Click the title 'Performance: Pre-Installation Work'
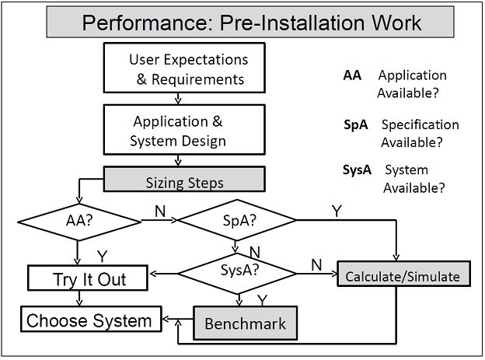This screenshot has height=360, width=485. click(251, 23)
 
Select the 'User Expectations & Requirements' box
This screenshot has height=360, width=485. click(184, 68)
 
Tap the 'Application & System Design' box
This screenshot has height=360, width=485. click(184, 130)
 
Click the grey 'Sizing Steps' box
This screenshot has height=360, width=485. click(184, 180)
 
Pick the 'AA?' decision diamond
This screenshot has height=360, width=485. click(79, 222)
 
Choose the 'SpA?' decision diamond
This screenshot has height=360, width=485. click(237, 220)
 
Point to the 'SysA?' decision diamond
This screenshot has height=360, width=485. click(237, 274)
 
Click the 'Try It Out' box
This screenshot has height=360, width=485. click(88, 278)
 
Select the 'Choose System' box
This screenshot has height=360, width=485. click(91, 319)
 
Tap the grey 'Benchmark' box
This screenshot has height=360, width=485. click(246, 323)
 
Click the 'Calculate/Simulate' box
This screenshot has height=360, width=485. click(403, 274)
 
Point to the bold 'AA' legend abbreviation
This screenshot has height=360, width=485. click(352, 75)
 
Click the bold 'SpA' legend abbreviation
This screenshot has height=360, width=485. click(356, 124)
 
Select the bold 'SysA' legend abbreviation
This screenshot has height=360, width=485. click(357, 170)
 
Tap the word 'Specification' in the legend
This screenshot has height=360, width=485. click(420, 124)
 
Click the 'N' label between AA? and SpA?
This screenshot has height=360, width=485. click(160, 211)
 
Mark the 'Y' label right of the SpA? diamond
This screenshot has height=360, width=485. click(337, 211)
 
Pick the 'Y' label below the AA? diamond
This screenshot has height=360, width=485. click(102, 257)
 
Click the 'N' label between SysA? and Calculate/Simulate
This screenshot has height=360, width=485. click(316, 265)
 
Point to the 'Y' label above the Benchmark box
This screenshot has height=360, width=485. click(262, 300)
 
